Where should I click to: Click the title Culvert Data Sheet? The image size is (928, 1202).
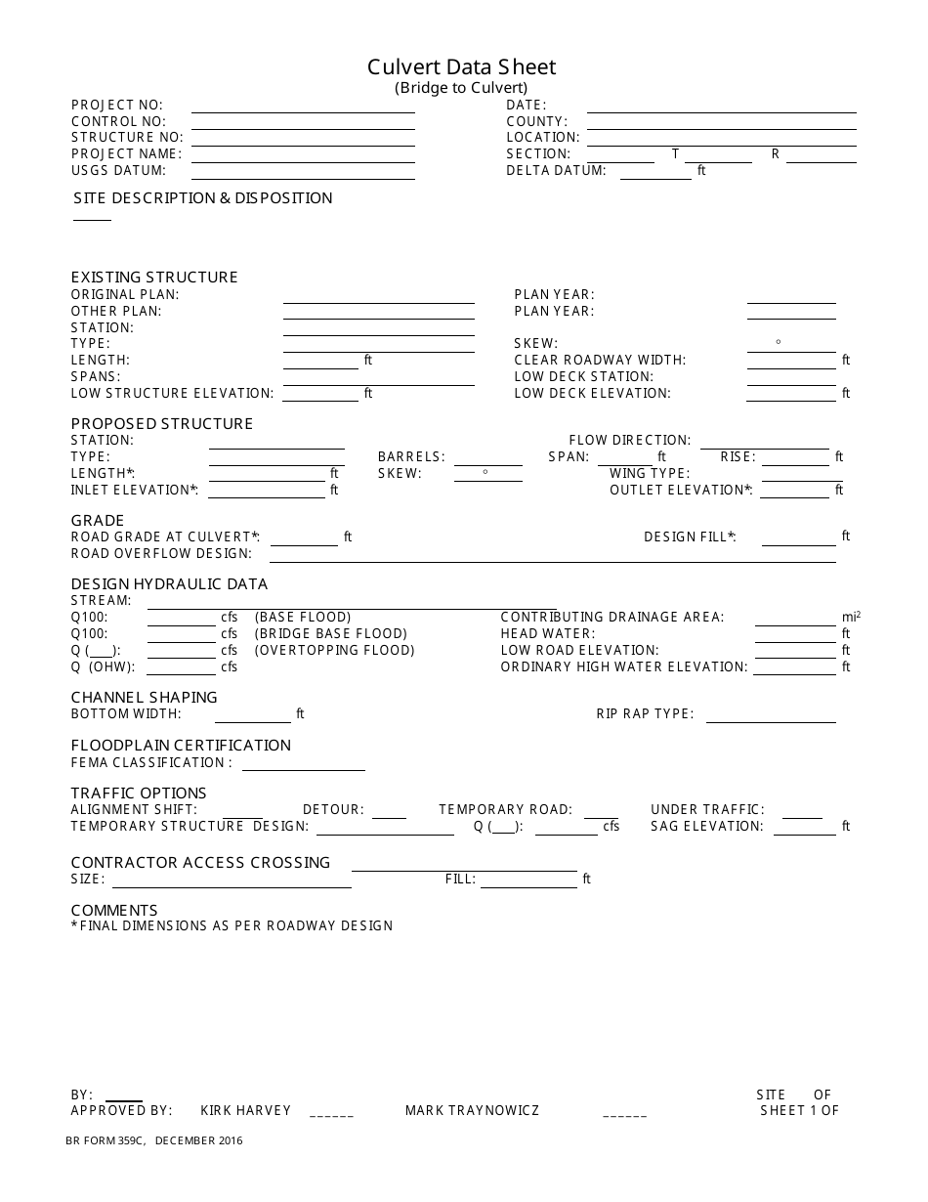click(x=461, y=67)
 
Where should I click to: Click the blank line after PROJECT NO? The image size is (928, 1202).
click(x=303, y=107)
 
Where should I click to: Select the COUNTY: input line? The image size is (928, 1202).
click(x=721, y=124)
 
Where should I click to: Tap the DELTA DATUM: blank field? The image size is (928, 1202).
click(x=655, y=174)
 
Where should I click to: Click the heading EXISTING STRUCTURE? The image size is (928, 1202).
click(x=154, y=278)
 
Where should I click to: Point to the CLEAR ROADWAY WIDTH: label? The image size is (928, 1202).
click(x=600, y=361)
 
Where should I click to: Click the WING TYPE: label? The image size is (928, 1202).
click(x=650, y=474)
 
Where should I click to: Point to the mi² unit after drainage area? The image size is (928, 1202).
click(x=851, y=618)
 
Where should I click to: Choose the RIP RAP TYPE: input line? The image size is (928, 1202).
click(x=770, y=717)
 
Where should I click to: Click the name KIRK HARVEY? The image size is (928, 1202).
click(x=245, y=1111)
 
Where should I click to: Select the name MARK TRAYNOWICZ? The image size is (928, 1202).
click(x=472, y=1111)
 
